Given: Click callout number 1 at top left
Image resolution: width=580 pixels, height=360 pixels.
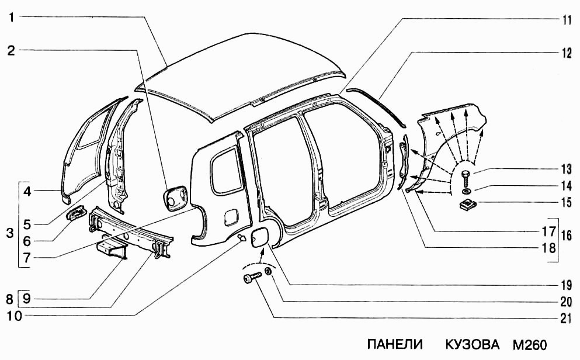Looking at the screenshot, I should click(11, 18).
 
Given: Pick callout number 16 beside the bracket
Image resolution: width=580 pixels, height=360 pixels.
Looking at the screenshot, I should click(566, 236).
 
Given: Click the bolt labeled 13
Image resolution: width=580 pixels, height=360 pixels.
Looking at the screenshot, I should click(466, 175).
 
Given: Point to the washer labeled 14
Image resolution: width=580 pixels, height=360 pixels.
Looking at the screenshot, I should click(466, 191).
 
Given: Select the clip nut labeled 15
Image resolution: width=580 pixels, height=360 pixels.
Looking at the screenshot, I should click(467, 205).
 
